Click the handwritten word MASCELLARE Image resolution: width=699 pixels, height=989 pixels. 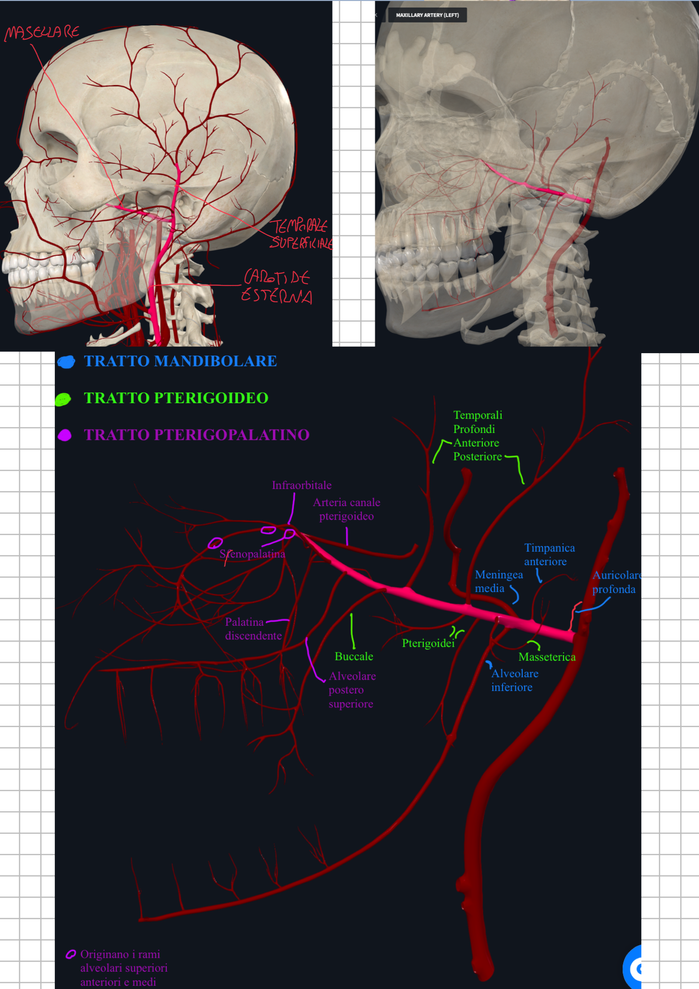click(x=42, y=33)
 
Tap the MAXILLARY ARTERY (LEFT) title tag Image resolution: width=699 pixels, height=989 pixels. click(x=427, y=15)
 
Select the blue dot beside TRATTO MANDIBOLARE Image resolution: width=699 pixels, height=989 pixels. click(x=66, y=362)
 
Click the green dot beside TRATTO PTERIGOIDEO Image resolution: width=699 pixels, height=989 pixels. click(x=63, y=399)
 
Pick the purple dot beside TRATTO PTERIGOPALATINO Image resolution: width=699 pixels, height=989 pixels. click(x=65, y=435)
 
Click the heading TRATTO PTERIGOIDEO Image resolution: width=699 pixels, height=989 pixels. click(x=176, y=398)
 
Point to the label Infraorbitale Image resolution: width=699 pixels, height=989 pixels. click(x=301, y=485)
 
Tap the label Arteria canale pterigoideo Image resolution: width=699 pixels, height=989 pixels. click(x=346, y=509)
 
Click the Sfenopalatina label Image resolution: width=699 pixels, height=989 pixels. click(x=253, y=554)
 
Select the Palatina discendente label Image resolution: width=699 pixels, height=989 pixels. click(x=253, y=629)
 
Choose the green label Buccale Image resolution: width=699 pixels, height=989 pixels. click(x=354, y=656)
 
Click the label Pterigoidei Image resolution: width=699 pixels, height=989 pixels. click(x=428, y=643)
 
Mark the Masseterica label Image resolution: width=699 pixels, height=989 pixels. click(x=547, y=657)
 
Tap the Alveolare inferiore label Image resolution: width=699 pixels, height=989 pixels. click(x=514, y=680)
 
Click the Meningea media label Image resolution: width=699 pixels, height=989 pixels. click(x=498, y=581)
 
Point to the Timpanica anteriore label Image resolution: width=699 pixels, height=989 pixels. click(x=549, y=555)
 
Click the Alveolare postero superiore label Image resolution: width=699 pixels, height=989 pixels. click(x=352, y=690)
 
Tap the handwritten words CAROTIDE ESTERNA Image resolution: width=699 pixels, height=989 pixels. click(x=277, y=286)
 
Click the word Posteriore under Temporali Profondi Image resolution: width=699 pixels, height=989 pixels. click(x=477, y=457)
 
